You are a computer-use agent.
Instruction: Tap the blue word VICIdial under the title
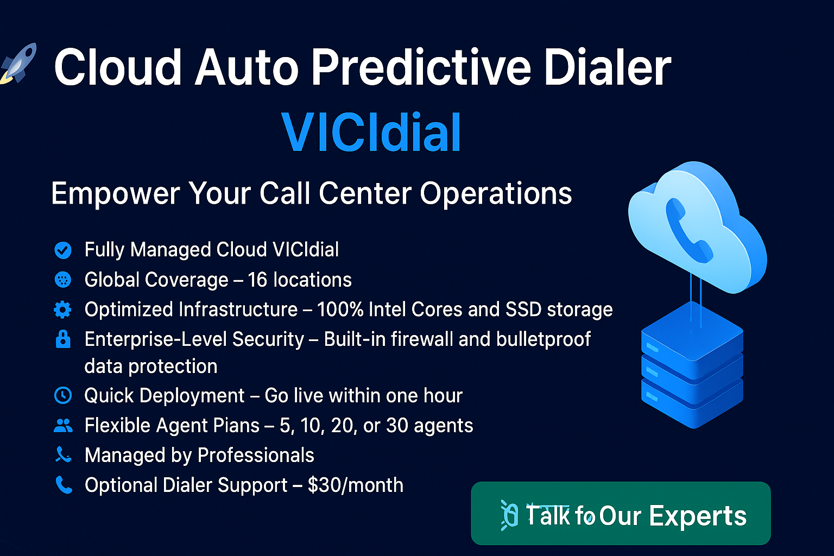371,133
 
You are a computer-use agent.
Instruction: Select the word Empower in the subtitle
115,193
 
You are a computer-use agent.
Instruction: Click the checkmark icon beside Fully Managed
63,250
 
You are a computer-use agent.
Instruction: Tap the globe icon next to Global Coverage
63,280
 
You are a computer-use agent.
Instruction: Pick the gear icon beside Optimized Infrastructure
63,309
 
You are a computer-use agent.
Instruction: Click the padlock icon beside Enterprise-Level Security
63,339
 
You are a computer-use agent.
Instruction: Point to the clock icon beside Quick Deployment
63,395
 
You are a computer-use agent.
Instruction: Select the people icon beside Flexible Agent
63,426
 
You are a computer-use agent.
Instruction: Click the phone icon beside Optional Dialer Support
64,485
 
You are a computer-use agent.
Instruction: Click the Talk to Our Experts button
621,514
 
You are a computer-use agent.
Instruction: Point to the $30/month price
355,485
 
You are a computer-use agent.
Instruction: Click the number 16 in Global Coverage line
257,280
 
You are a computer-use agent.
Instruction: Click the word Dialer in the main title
608,68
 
